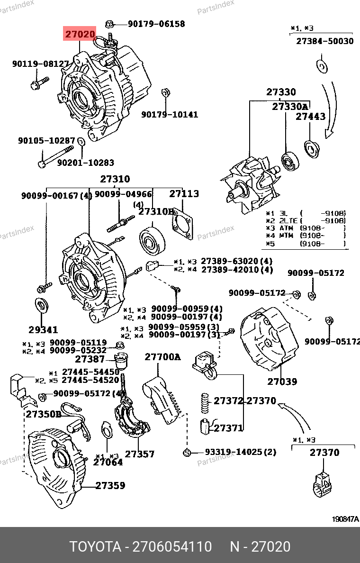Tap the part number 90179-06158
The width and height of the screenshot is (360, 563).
pos(156,24)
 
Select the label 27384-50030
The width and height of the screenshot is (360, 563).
pos(325,41)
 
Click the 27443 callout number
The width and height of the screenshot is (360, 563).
pos(310,116)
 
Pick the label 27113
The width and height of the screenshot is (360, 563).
pos(184,193)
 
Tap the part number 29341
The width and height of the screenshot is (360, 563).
pos(43,329)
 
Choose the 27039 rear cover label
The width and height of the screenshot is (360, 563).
pos(282,381)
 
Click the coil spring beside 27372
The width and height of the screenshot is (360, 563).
pos(205,403)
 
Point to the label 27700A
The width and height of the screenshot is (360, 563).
pos(162,357)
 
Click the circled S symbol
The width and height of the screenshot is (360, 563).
pos(187,453)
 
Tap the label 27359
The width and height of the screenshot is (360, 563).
pos(110,485)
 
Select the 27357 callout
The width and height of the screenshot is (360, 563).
pos(140,454)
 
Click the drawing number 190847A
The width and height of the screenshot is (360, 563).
pos(345,519)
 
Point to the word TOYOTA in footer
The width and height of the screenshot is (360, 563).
pos(95,547)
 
